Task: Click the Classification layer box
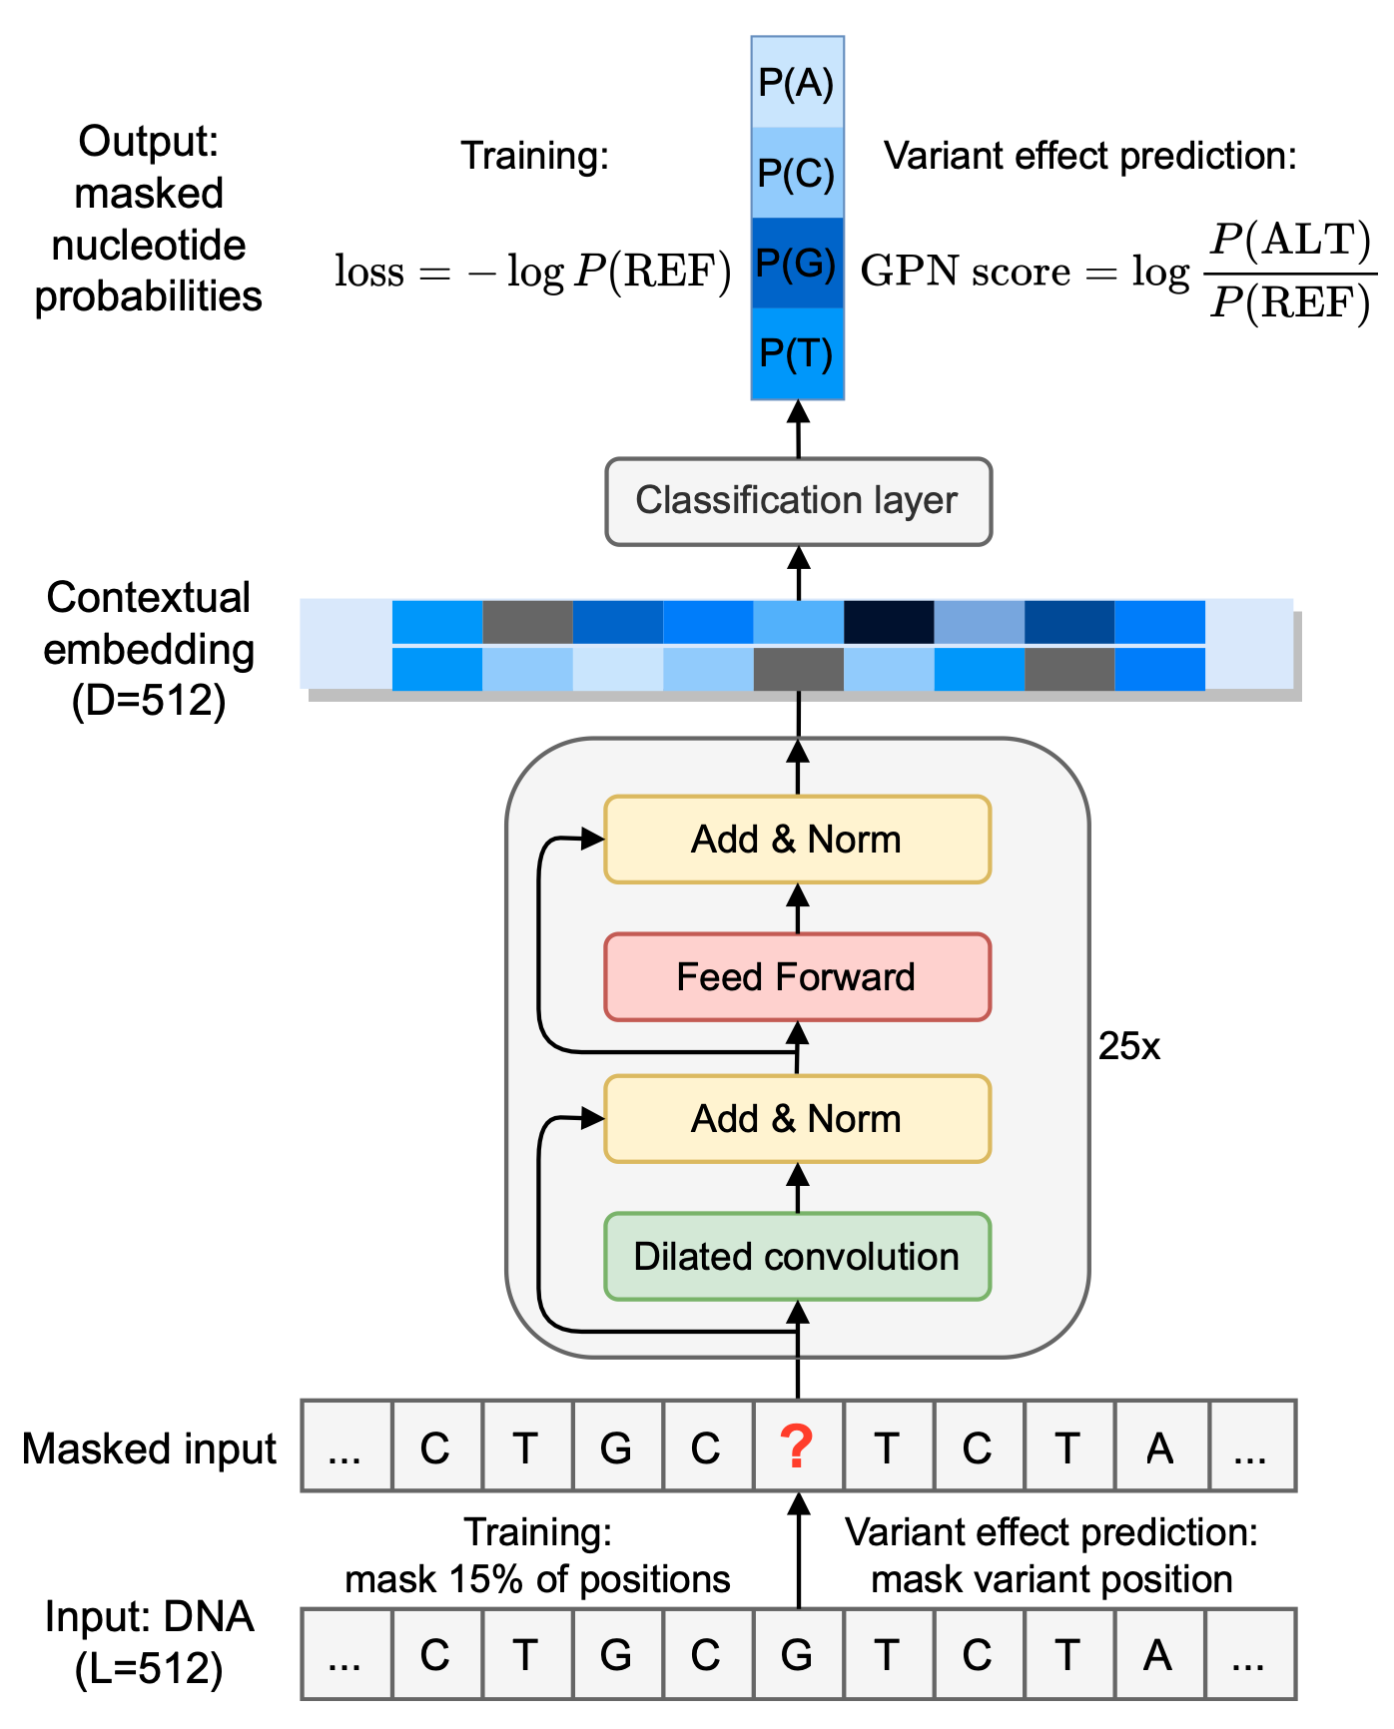coord(798,501)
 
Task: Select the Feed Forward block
coord(797,977)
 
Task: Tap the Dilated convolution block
coord(797,1257)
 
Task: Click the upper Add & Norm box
coord(797,840)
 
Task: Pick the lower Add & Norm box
coord(797,1119)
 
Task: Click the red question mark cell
coord(797,1446)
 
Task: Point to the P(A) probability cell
coord(797,83)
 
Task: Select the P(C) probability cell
coord(797,173)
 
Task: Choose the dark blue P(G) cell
coord(797,264)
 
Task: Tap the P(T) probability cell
coord(797,353)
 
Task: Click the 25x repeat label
coord(1129,1046)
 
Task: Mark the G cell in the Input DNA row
coord(797,1655)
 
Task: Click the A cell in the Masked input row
coord(1159,1447)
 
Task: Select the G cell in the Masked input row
coord(616,1447)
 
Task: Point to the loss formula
coord(533,272)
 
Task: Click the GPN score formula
coord(1116,272)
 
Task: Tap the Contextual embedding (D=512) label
coord(149,649)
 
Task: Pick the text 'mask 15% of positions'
coord(537,1579)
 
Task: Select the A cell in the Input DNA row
coord(1158,1655)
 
